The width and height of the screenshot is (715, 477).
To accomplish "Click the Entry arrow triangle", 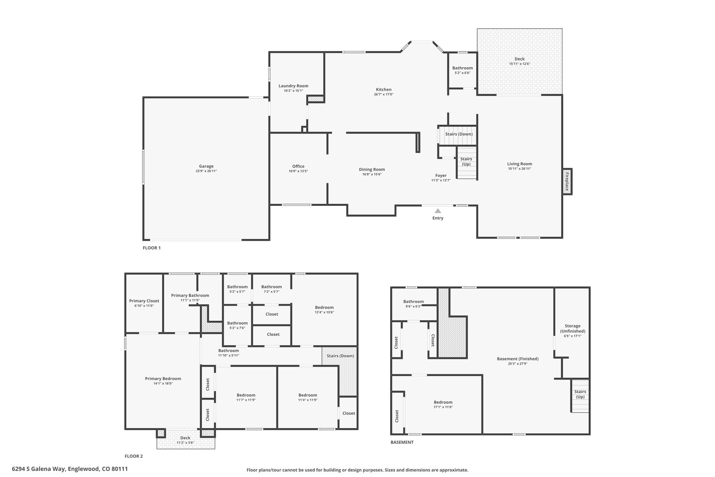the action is click(x=438, y=211).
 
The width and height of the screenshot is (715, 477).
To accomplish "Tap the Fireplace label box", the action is click(x=567, y=181).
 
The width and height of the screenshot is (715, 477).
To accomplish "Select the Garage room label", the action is click(x=206, y=166).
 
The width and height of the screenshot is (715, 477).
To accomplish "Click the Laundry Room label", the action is click(x=293, y=86).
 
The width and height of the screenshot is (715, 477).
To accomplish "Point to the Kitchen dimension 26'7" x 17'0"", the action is click(x=384, y=94).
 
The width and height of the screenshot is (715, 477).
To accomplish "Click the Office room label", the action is click(x=298, y=166).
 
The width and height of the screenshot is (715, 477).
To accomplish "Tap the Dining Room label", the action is click(x=372, y=169).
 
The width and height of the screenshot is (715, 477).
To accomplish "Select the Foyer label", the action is click(x=441, y=175).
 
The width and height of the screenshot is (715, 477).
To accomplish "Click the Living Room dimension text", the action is click(x=519, y=169).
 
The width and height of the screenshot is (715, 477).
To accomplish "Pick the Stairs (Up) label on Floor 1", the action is click(x=466, y=161).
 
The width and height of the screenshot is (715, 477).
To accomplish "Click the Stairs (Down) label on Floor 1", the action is click(x=459, y=134).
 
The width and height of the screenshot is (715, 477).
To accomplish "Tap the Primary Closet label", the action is click(x=144, y=301).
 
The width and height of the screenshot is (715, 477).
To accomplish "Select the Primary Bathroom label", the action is click(x=190, y=295).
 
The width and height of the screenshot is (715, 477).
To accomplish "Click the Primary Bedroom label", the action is click(x=163, y=378).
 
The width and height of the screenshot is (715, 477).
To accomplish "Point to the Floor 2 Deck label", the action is click(x=185, y=438).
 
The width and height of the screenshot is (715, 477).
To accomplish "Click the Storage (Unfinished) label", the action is click(x=573, y=328).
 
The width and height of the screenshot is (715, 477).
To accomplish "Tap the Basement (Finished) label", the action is click(x=518, y=359).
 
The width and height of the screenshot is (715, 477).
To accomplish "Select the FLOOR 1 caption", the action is click(x=152, y=248).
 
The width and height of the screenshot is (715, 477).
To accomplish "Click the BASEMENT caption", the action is click(x=402, y=442).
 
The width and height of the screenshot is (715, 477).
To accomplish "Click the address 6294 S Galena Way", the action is click(x=38, y=469).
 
